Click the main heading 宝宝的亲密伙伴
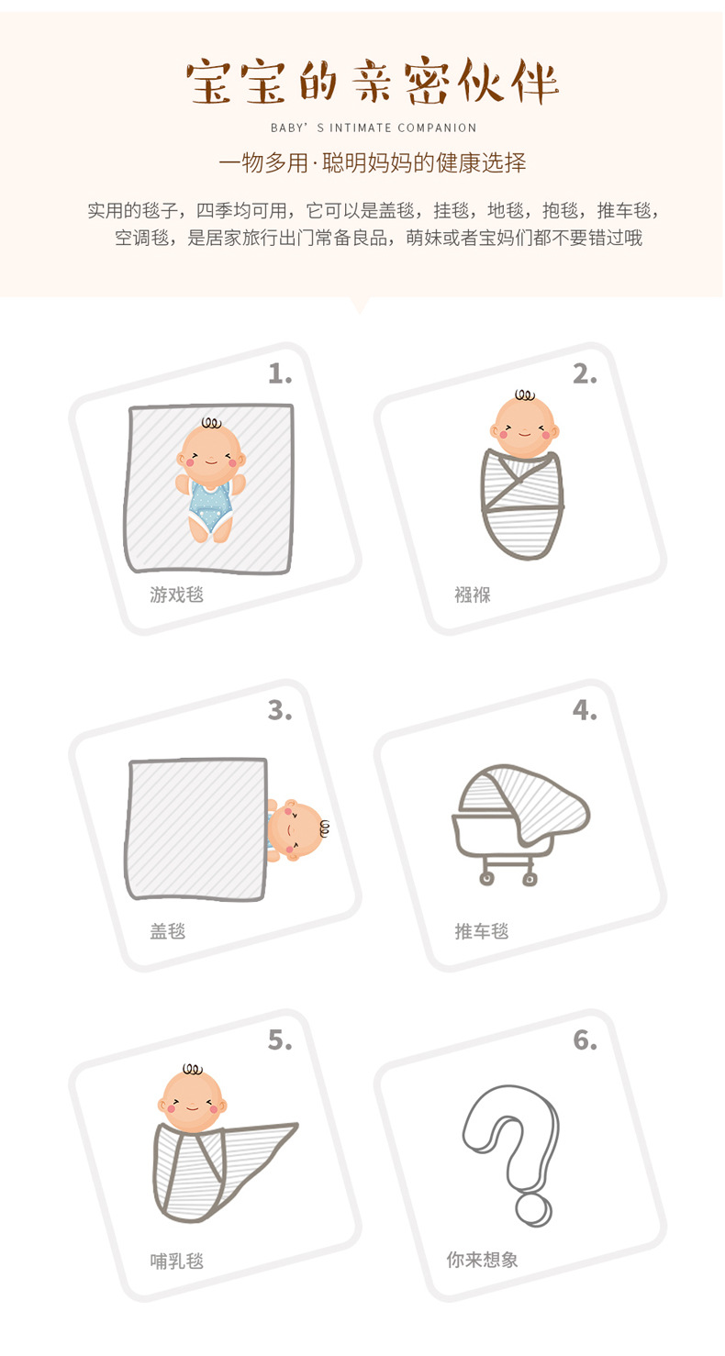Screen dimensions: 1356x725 pyautogui.click(x=373, y=83)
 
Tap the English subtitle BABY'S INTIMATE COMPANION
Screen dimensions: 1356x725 pyautogui.click(x=374, y=128)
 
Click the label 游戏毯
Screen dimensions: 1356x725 pyautogui.click(x=176, y=595)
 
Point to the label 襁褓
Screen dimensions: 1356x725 pyautogui.click(x=473, y=595)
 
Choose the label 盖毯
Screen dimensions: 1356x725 pyautogui.click(x=168, y=931)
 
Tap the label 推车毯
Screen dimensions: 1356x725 pyautogui.click(x=482, y=931)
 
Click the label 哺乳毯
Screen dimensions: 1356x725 pyautogui.click(x=176, y=1261)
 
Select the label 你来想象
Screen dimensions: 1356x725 pyautogui.click(x=483, y=1260)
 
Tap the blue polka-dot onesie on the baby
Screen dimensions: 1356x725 pyautogui.click(x=210, y=504)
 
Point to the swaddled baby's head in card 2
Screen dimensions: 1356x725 pyautogui.click(x=524, y=426)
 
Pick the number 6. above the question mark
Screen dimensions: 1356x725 pyautogui.click(x=585, y=1039)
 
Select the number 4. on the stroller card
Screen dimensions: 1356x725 pyautogui.click(x=585, y=710)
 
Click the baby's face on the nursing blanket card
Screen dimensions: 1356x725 pyautogui.click(x=193, y=1100)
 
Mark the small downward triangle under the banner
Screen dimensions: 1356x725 pyautogui.click(x=359, y=305)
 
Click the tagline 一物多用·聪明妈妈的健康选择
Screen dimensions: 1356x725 pyautogui.click(x=373, y=164)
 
